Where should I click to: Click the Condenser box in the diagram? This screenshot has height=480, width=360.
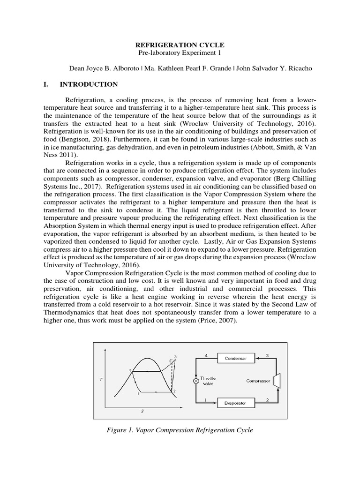(x=235, y=358)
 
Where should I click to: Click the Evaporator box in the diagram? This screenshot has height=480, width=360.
(x=235, y=403)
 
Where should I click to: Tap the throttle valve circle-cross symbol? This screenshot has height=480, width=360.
(x=196, y=381)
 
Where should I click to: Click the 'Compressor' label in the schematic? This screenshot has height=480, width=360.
(x=258, y=381)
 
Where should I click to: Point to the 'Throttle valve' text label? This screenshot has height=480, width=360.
(x=208, y=381)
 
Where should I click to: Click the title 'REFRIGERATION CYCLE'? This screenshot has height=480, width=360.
(x=180, y=45)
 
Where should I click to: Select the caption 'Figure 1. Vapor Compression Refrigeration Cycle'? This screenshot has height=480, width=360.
(x=180, y=430)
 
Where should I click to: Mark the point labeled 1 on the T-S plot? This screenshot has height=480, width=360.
(x=138, y=394)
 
